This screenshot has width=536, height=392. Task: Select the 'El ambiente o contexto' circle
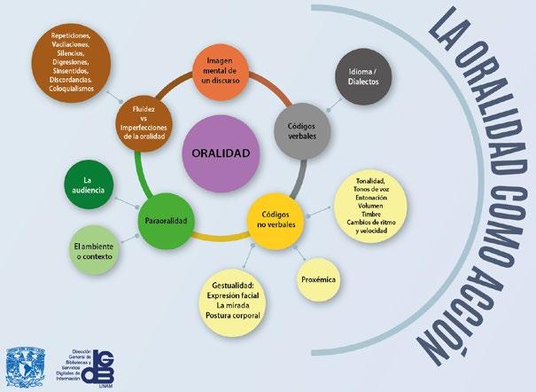[x=95, y=248]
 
